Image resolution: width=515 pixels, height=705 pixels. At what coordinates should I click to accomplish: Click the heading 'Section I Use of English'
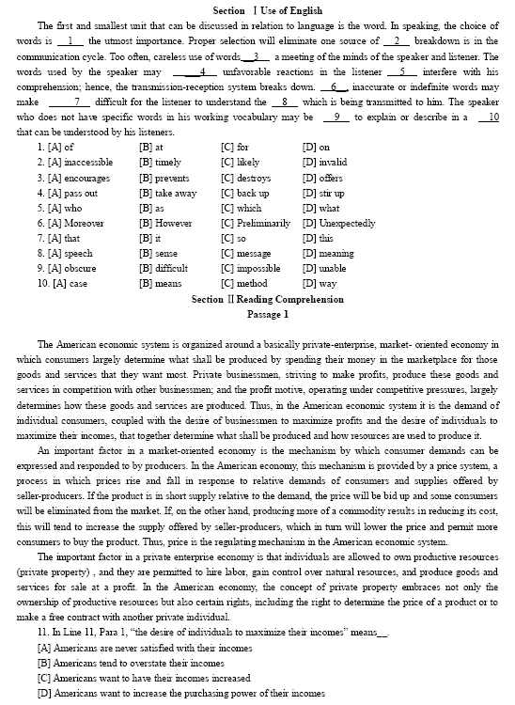257,8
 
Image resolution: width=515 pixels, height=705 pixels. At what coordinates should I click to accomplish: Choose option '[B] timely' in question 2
162,162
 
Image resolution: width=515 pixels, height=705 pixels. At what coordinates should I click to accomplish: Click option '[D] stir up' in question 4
327,193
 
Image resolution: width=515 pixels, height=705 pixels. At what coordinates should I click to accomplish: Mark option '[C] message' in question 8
246,253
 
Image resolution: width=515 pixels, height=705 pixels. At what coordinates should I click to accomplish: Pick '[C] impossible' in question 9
251,268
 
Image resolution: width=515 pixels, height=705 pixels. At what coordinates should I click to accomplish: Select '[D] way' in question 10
320,283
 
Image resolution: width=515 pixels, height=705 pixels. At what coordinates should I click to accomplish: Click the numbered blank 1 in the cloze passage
70,41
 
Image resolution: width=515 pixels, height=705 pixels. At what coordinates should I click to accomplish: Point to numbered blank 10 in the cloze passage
489,117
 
